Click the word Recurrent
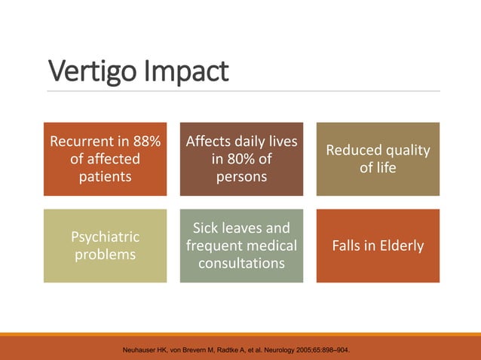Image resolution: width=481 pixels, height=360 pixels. coord(80,141)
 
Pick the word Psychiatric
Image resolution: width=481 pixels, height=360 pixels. coord(105,236)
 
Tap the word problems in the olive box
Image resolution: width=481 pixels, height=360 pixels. coord(105,255)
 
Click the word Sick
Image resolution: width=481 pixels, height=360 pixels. coord(207,227)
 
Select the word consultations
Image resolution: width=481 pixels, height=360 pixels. coord(241,264)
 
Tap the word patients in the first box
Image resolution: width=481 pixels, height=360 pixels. coord(105,177)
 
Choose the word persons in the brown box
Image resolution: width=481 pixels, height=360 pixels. coord(241,177)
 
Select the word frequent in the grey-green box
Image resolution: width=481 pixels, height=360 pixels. coord(216,246)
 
